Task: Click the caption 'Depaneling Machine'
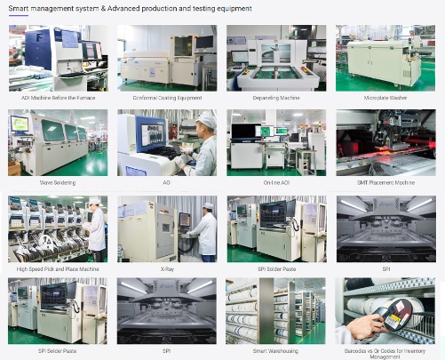(x=276, y=98)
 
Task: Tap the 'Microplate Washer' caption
(x=385, y=98)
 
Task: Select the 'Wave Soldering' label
(x=58, y=182)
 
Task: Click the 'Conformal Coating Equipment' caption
(x=167, y=98)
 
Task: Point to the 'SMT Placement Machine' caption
(x=385, y=182)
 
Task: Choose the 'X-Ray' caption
(x=167, y=269)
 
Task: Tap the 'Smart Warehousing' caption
(x=275, y=351)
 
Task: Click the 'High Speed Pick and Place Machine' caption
(x=58, y=269)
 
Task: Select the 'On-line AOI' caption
(x=276, y=182)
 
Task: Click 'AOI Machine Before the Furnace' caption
(x=59, y=98)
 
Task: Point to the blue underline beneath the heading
(x=19, y=15)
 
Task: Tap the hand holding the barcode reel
(x=362, y=327)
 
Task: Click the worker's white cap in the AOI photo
(x=206, y=120)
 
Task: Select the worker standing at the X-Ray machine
(x=205, y=233)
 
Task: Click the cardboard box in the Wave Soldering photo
(x=14, y=168)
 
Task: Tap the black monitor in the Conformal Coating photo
(x=204, y=42)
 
